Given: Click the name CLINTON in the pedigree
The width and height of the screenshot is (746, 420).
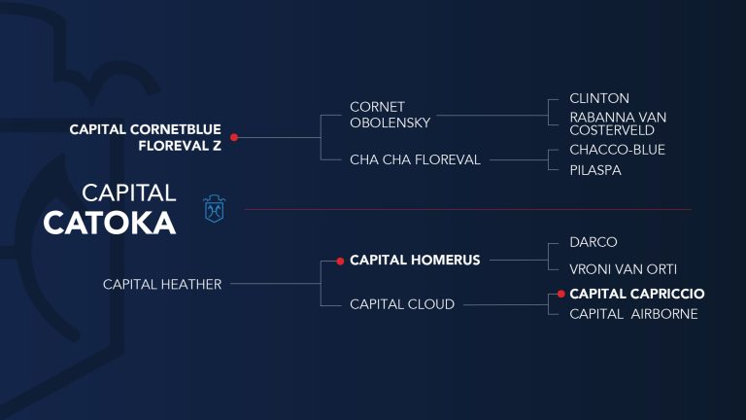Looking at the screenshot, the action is (599, 98).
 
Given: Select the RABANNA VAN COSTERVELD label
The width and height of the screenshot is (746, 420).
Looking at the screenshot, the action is (618, 123).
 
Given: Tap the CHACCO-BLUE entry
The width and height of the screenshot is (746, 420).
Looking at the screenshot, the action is (617, 150).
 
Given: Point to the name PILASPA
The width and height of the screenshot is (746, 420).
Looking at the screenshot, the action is (595, 170).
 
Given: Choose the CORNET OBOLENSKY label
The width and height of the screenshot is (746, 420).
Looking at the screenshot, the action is (390, 115).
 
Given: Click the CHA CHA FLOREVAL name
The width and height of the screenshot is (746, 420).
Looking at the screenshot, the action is (415, 159).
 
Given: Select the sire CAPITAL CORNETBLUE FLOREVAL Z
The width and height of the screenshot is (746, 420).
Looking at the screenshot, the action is (145, 137).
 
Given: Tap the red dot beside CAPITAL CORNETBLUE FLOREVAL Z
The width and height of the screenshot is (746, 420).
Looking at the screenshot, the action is (234, 137).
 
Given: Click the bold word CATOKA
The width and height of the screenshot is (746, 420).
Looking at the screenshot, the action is (110, 223).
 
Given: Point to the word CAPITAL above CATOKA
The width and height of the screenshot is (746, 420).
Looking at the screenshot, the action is (129, 192).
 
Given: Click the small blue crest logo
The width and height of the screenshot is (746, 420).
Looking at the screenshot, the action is (214, 209).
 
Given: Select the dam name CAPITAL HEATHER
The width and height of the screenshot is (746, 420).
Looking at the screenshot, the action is (162, 284).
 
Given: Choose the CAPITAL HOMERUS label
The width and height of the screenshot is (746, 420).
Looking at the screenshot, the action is (415, 260).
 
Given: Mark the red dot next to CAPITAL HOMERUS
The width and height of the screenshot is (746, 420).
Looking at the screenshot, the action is (340, 261).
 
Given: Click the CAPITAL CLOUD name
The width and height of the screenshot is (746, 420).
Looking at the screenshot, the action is (402, 304).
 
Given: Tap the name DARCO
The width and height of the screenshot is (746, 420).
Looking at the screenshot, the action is (593, 242).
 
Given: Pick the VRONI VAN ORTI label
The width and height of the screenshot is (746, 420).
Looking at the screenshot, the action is (623, 269).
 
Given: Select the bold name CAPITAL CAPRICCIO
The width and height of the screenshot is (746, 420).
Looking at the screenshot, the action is (637, 294).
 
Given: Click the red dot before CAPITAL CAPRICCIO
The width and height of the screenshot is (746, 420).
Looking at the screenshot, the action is (561, 294).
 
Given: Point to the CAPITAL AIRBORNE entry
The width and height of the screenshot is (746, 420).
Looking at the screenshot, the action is (633, 314).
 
